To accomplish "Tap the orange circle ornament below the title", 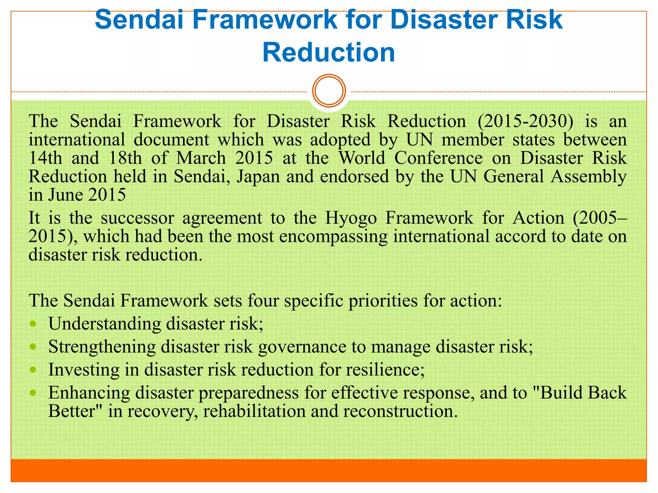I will click(329, 91).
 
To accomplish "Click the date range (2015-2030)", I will click(525, 121).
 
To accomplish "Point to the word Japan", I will click(258, 177).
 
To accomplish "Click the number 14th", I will click(45, 158).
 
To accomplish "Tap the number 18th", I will click(125, 158).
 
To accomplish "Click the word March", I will click(201, 158).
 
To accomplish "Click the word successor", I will click(138, 218).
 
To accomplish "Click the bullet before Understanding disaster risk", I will click(33, 324).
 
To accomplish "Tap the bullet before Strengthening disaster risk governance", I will click(33, 347).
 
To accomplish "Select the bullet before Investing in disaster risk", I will click(33, 370).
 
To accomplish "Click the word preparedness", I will click(249, 393).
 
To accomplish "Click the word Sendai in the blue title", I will click(139, 20).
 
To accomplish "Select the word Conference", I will click(438, 158).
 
